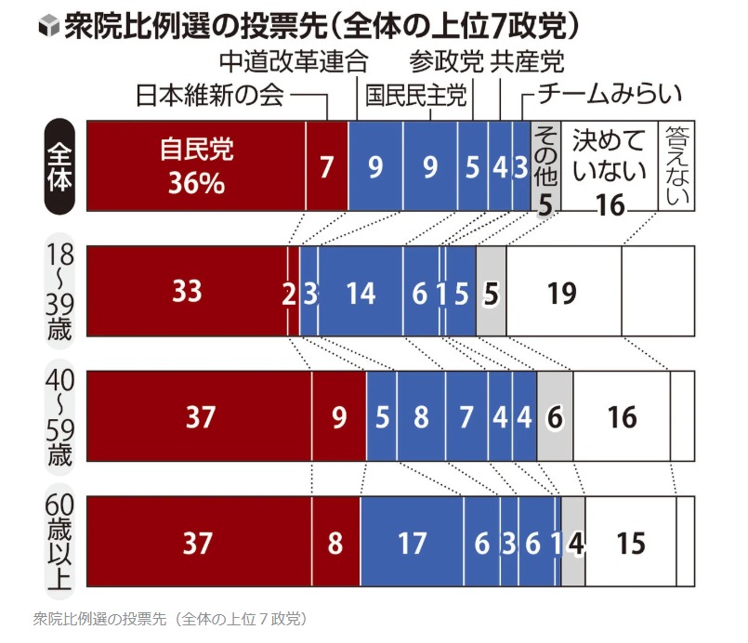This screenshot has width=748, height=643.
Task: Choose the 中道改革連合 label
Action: tap(295, 61)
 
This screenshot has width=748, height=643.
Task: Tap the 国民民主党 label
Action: tap(415, 95)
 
